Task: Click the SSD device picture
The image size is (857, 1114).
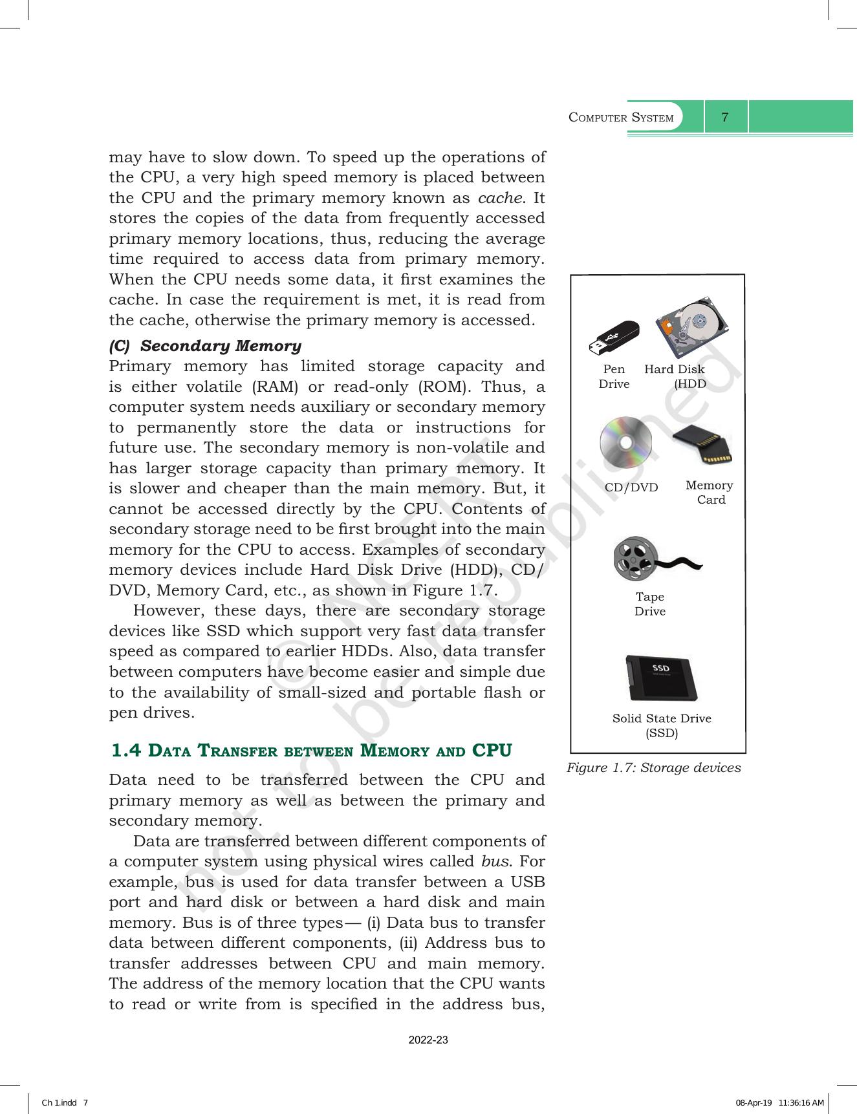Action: point(662,678)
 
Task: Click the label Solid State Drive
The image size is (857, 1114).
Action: point(662,718)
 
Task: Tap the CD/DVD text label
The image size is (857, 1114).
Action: point(631,487)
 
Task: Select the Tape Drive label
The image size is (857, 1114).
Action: point(649,604)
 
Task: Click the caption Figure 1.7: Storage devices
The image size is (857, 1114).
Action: point(653,767)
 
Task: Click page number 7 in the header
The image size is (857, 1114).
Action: point(725,118)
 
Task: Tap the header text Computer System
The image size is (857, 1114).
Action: point(621,118)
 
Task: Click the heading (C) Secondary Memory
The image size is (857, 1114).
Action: point(205,346)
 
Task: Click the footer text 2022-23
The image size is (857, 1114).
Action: point(428,1040)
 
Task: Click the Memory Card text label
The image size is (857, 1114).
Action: point(710,492)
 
